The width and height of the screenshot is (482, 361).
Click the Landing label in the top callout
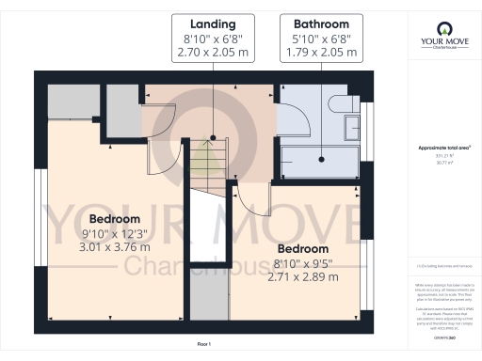point(213,23)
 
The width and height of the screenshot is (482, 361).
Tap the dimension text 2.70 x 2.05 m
point(213,53)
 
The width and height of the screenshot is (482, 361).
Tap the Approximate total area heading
point(444,149)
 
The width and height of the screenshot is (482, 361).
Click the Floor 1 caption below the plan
point(203,345)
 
